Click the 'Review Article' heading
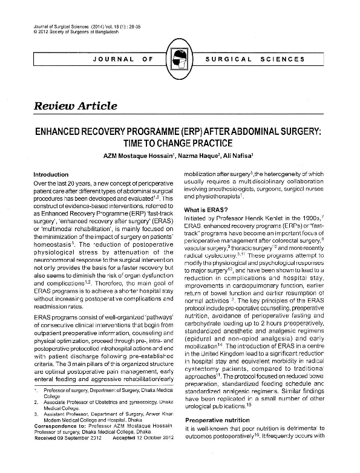[x=75, y=106]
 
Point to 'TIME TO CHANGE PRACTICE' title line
[x=180, y=143]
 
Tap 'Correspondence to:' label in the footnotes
[x=57, y=442]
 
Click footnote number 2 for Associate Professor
[x=37, y=417]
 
